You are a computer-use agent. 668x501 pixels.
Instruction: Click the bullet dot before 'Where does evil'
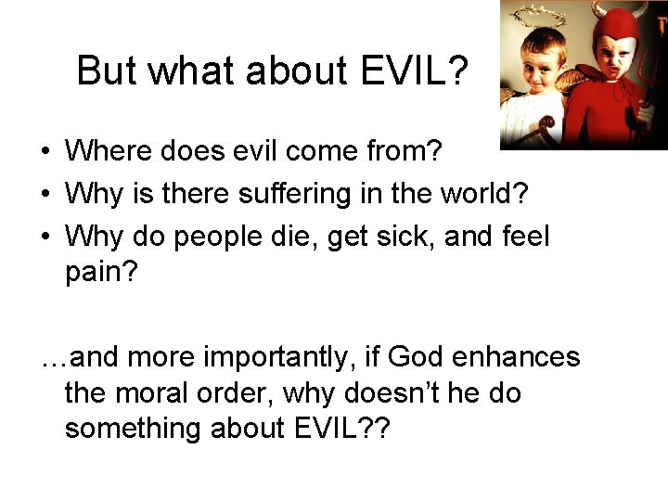(x=45, y=151)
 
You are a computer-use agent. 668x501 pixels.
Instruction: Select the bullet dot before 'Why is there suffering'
(x=45, y=194)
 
